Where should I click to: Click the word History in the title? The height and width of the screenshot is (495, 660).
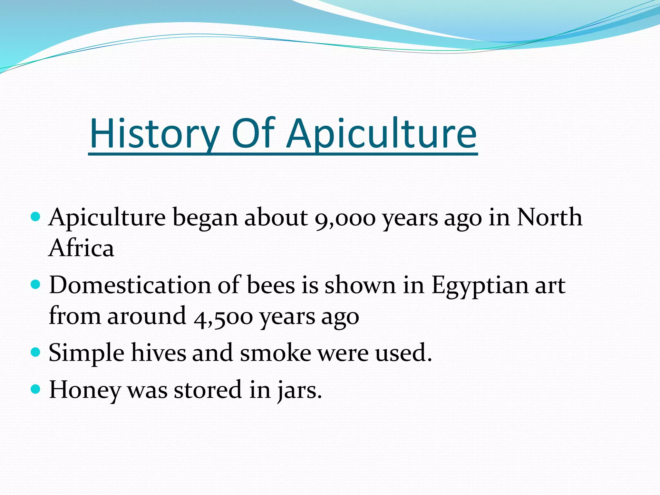point(154,134)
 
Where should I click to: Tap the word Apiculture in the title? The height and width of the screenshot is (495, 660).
point(382,134)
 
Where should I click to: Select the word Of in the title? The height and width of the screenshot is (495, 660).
point(253,134)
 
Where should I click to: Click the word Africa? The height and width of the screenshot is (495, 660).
point(81,248)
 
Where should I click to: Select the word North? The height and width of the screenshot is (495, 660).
point(550,217)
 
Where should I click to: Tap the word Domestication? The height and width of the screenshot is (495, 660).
point(130,285)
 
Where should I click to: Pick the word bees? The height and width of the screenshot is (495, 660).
point(271,285)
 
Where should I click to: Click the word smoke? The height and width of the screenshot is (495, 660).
point(275,353)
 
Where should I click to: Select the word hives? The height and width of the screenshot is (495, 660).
point(158,353)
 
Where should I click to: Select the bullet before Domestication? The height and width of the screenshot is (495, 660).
point(35,285)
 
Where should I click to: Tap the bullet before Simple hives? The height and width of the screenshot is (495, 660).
point(35,352)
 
